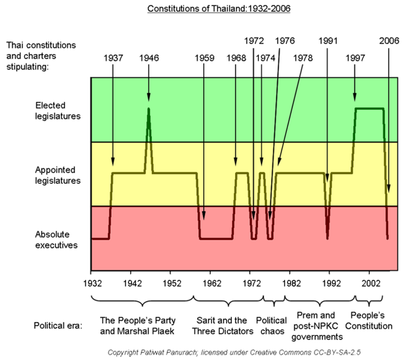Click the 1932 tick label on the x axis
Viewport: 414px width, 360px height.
point(91,284)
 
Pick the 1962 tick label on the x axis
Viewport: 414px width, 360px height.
point(211,284)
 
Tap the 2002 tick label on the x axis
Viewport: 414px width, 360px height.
point(370,284)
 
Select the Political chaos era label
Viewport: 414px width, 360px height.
point(271,326)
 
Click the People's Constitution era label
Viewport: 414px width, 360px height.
point(369,321)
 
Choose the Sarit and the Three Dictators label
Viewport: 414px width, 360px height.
point(225,326)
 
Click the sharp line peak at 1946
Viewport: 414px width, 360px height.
point(149,109)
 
